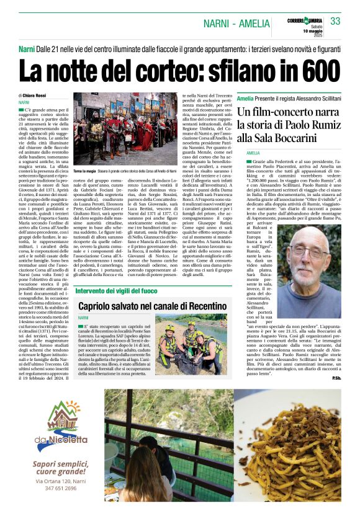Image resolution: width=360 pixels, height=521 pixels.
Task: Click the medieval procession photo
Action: (126, 128)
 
